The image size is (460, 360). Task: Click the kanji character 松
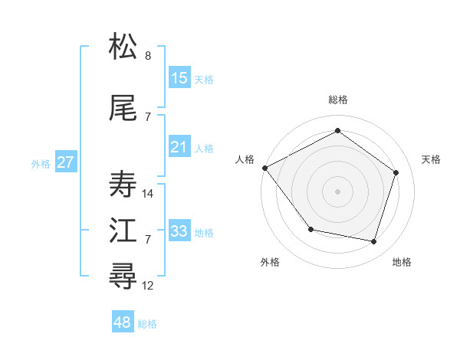tap(123, 47)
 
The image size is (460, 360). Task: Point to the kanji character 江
tap(123, 231)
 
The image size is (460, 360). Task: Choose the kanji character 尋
tap(123, 277)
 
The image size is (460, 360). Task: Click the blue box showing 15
tap(179, 77)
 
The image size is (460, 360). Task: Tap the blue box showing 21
tap(179, 147)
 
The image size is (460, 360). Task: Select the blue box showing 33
tap(179, 231)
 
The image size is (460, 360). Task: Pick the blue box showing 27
tap(66, 162)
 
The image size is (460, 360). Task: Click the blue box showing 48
tap(123, 322)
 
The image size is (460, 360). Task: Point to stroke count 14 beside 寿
tap(148, 194)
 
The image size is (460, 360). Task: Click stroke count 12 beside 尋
tap(148, 286)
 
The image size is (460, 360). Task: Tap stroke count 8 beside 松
tap(148, 56)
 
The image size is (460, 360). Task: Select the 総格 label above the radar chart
tap(338, 100)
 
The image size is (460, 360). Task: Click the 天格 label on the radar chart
tap(431, 159)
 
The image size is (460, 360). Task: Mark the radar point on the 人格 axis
tap(264, 167)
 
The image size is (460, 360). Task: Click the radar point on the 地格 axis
tap(373, 241)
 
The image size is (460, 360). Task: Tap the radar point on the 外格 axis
tap(310, 229)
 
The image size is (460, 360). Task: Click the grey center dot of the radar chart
tap(338, 191)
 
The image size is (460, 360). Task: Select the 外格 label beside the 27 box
tap(41, 163)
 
